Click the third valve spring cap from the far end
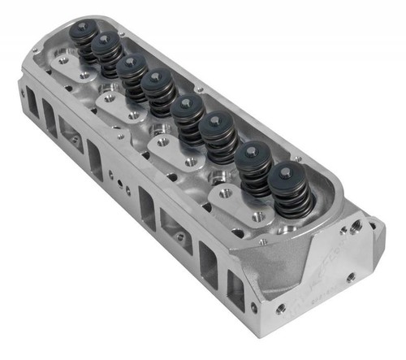pos(132,63)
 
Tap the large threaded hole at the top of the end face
pos(356,223)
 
